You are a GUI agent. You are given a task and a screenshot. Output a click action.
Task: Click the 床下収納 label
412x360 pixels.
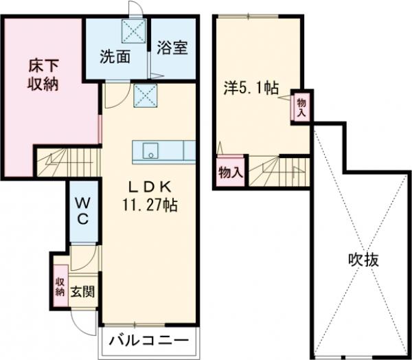[x=43, y=76]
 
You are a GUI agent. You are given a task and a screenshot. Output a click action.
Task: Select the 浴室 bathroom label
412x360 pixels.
[x=172, y=51]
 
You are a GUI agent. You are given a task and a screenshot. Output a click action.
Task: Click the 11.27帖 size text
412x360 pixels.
[x=150, y=204]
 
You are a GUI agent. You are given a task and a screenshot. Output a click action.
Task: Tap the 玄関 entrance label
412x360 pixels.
[x=83, y=291]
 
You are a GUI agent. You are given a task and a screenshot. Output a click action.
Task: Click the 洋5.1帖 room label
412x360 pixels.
[x=250, y=88]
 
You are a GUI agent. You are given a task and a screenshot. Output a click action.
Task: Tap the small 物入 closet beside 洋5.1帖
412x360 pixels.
[x=300, y=107]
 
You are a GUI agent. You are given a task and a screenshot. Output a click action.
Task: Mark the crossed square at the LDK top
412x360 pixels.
[x=144, y=95]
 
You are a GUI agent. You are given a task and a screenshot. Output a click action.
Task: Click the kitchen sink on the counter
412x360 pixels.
[x=150, y=150]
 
